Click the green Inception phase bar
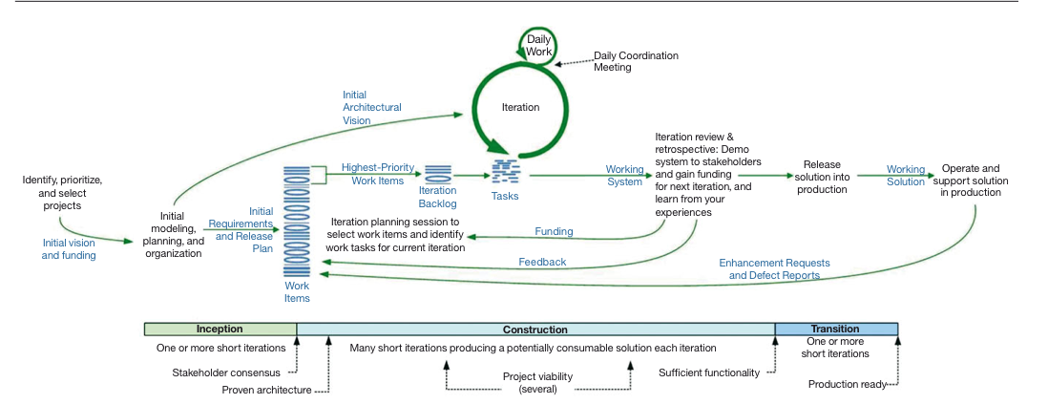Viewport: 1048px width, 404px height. coord(220,330)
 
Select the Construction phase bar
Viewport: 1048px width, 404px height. coord(534,330)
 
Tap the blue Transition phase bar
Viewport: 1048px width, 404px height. coord(835,330)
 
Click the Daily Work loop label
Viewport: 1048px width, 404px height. coord(539,45)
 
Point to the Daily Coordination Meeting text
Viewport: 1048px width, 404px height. coord(636,61)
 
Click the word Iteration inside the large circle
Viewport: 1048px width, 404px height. coord(520,108)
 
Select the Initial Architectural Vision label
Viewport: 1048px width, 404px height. coord(371,108)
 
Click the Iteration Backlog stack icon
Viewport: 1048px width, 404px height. coord(438,173)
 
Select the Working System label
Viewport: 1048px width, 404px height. coord(624,176)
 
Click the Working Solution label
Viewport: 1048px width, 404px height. coord(906,176)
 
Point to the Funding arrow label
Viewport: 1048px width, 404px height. coord(554,231)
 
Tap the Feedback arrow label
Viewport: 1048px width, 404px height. coord(542,262)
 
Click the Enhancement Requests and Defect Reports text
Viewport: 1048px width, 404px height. coord(774,268)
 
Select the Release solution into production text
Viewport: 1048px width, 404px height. coord(822,177)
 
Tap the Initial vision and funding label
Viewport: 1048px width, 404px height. coord(69,249)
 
